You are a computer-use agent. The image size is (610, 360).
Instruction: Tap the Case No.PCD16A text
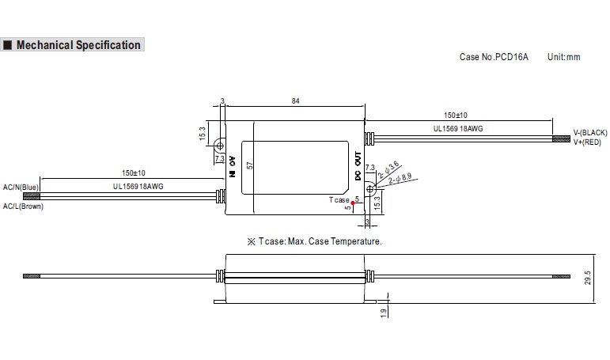coord(494,57)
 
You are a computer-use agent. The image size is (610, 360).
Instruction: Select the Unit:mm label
coord(563,57)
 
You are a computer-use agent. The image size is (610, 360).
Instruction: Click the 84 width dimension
coord(295,101)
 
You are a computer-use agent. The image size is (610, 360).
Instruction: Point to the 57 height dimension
coord(249,166)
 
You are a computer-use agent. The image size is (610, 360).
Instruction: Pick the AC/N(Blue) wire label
coord(21,187)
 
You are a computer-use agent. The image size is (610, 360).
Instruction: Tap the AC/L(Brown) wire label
coord(23,206)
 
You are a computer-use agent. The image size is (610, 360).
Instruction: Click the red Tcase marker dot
coord(352,203)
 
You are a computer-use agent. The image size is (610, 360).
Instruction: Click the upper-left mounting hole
coord(222,146)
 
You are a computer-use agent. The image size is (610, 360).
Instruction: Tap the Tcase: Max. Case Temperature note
coord(315,241)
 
